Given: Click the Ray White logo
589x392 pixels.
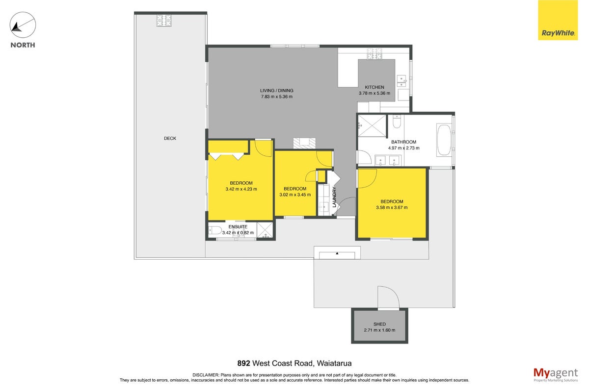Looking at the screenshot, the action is pyautogui.click(x=558, y=20).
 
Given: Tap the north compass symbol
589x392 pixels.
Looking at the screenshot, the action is pyautogui.click(x=23, y=24).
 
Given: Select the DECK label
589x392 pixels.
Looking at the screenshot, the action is pyautogui.click(x=170, y=138).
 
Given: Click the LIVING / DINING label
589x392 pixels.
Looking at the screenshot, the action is pyautogui.click(x=277, y=91).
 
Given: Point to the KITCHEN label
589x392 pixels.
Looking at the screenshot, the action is pyautogui.click(x=375, y=87).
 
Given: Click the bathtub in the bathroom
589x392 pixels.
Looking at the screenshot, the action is pyautogui.click(x=444, y=140).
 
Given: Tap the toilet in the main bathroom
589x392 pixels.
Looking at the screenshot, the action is pyautogui.click(x=397, y=122).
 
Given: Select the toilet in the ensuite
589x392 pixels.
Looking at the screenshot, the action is pyautogui.click(x=215, y=230).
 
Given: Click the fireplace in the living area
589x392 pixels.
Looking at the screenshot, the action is pyautogui.click(x=304, y=143).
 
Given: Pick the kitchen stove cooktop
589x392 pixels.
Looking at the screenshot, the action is pyautogui.click(x=375, y=53).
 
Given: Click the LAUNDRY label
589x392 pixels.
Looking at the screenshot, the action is pyautogui.click(x=334, y=197).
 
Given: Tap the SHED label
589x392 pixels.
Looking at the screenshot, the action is pyautogui.click(x=380, y=324).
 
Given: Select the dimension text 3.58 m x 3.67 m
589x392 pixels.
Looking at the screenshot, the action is pyautogui.click(x=392, y=207).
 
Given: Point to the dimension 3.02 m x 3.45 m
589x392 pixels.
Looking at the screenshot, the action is pyautogui.click(x=295, y=195).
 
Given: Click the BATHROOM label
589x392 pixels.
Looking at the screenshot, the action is pyautogui.click(x=403, y=142).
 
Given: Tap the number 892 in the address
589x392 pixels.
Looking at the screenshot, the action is pyautogui.click(x=244, y=364).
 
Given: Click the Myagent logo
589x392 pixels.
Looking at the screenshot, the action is pyautogui.click(x=556, y=375).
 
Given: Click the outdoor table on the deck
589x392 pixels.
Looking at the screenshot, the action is pyautogui.click(x=164, y=21).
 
